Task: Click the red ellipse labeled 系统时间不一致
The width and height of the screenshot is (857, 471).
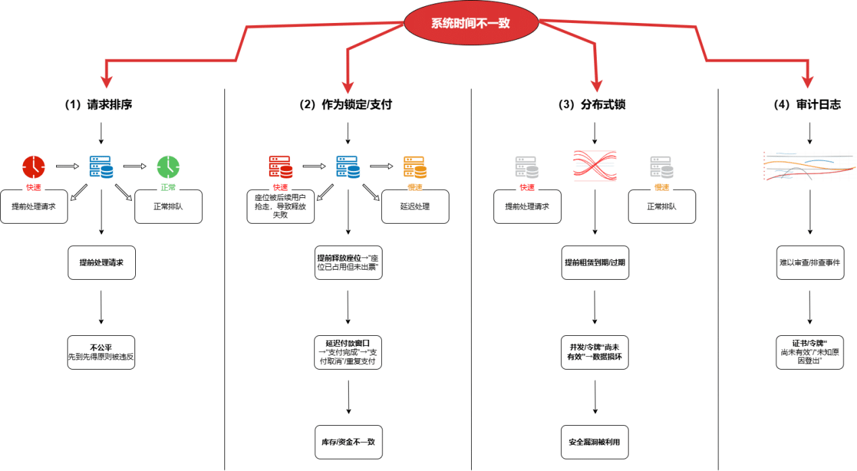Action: (x=470, y=23)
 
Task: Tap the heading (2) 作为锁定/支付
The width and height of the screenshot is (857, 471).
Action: (x=346, y=105)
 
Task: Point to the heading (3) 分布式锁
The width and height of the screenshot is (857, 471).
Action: (x=595, y=105)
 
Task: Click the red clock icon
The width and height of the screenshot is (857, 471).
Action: (x=33, y=166)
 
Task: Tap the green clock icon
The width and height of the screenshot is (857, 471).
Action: (x=168, y=166)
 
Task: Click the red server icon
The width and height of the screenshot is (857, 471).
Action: (x=280, y=166)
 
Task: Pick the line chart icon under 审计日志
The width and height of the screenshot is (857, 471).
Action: (x=809, y=166)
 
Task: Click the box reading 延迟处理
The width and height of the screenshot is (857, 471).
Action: (x=415, y=207)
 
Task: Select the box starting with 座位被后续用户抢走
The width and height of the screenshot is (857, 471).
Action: (x=280, y=207)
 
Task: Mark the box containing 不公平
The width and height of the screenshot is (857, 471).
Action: (x=101, y=352)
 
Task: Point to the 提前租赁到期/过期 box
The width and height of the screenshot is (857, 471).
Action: (x=595, y=262)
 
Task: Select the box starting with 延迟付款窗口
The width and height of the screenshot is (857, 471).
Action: (x=348, y=352)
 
